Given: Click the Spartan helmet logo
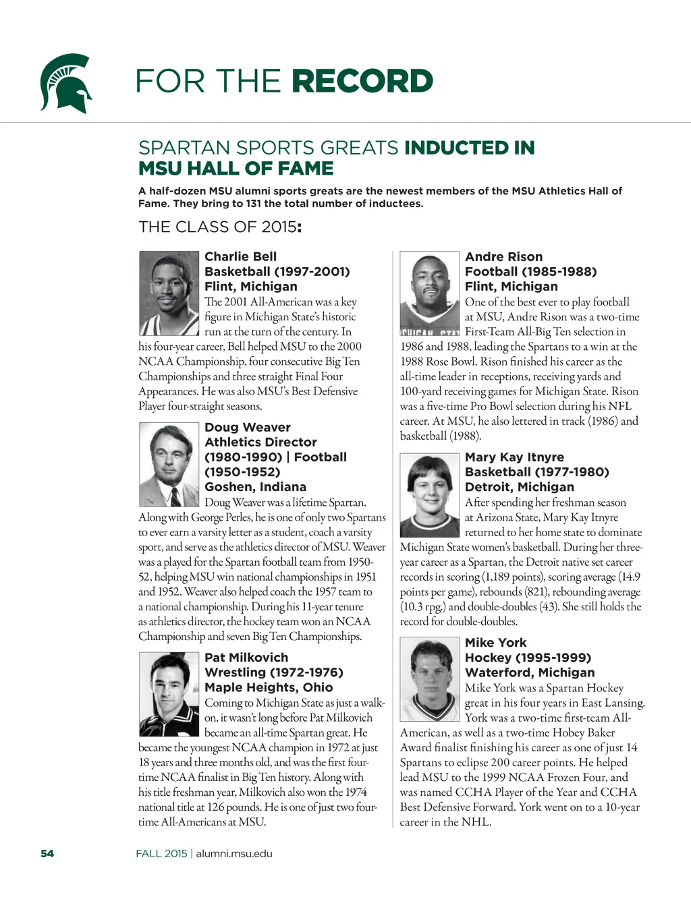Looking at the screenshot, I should (x=65, y=83).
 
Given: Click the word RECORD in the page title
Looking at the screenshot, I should (x=363, y=81).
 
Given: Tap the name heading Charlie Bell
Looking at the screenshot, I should (x=240, y=256).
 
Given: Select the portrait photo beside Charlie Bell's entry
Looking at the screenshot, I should (x=169, y=293).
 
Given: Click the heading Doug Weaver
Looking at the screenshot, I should (x=248, y=427).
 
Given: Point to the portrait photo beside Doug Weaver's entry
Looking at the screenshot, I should (x=169, y=465).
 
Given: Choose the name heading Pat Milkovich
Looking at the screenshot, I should (x=246, y=657).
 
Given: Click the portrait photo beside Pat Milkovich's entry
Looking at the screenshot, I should (x=169, y=694).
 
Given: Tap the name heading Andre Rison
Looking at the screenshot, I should (x=503, y=256).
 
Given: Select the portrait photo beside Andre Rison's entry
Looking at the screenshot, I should (x=430, y=293).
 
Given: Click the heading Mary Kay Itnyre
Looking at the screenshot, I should (x=514, y=457).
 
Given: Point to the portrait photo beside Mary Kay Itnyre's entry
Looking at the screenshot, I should (x=430, y=495).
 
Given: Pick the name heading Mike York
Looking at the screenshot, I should (x=495, y=642).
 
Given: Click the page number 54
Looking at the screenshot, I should (x=47, y=853).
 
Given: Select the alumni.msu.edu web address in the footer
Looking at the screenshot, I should (x=234, y=853).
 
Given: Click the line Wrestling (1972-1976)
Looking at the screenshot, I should (x=274, y=672).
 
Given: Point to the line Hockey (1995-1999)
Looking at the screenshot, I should (x=528, y=657).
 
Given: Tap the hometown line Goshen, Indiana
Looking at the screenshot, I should (x=255, y=486).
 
